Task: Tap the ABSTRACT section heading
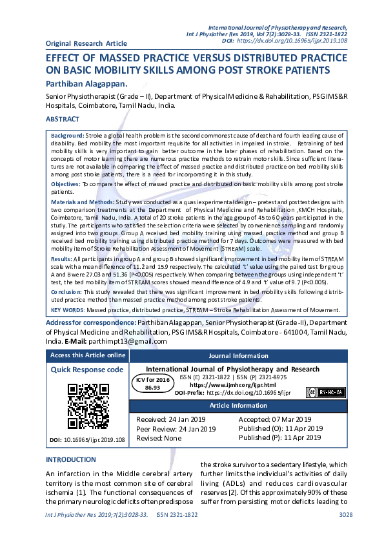click(x=63, y=120)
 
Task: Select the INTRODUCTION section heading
click(x=70, y=459)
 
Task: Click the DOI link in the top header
click(x=293, y=40)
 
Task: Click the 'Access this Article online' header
click(x=88, y=355)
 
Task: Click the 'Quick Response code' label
click(x=87, y=370)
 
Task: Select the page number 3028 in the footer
click(x=346, y=532)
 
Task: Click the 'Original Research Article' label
click(x=86, y=43)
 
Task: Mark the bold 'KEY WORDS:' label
click(x=68, y=310)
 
